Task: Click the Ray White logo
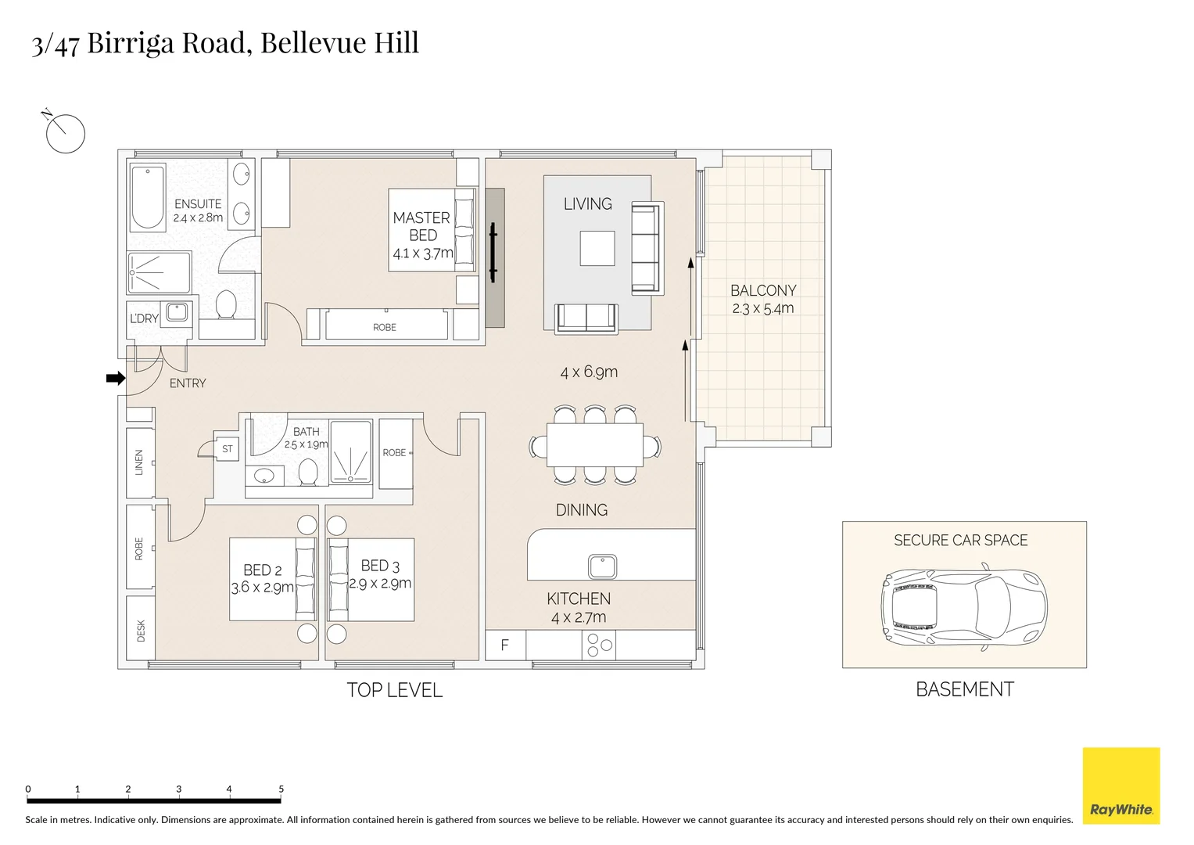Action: click(x=1120, y=786)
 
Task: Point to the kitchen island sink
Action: click(x=603, y=566)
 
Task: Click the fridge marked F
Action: click(x=505, y=645)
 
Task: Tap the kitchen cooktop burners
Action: click(x=600, y=645)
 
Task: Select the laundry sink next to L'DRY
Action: click(x=176, y=311)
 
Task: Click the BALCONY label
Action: click(x=763, y=290)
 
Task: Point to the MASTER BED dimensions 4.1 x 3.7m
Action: click(x=423, y=253)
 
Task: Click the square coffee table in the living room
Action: click(x=597, y=248)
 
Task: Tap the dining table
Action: click(x=595, y=444)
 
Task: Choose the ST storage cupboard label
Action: click(x=228, y=449)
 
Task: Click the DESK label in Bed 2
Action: click(x=141, y=630)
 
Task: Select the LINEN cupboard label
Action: click(x=140, y=462)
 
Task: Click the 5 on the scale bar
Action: click(x=281, y=789)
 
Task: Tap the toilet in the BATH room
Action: click(x=308, y=472)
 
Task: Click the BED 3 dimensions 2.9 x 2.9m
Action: click(x=380, y=584)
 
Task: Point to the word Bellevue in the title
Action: click(x=313, y=42)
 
